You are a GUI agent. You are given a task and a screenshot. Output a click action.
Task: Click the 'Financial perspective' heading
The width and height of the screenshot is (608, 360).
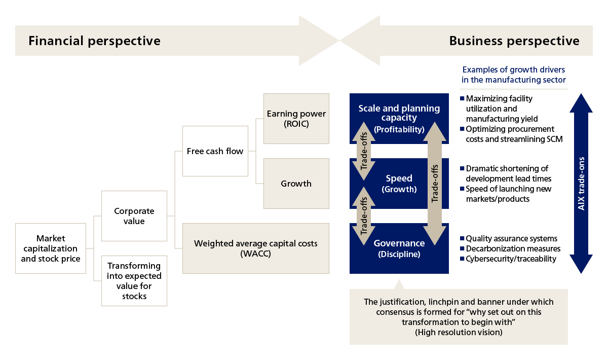coord(94,41)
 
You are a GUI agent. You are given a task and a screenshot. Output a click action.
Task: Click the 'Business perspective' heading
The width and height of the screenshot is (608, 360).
coord(514,41)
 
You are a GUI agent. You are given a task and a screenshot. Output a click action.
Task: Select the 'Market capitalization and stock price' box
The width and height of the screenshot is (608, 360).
coord(50,248)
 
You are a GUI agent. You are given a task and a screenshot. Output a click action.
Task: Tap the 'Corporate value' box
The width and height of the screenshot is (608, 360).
coord(134,216)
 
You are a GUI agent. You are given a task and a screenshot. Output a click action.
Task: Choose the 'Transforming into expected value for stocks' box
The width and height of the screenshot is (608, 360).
coord(134,281)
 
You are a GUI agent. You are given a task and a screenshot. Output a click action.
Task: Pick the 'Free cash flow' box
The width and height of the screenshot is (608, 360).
coord(215,151)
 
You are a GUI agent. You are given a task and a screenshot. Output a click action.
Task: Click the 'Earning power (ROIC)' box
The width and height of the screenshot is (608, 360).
coord(296,119)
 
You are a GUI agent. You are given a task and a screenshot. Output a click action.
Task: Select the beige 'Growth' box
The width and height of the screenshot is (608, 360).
coord(296,184)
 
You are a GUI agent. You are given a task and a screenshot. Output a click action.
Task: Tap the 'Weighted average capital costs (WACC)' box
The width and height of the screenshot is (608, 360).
coord(256,248)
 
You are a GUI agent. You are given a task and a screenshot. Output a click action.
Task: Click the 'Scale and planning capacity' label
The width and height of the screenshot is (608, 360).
coord(399,113)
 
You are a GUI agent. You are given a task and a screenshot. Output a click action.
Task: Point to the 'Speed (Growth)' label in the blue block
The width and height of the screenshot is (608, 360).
coord(399,184)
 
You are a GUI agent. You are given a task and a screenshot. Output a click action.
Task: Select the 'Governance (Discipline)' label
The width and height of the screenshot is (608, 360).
coord(399,248)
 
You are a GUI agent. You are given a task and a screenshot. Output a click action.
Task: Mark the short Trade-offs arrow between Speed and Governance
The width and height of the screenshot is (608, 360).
coord(363,216)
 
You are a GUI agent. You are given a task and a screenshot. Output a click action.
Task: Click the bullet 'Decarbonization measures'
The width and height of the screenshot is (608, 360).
coord(513,248)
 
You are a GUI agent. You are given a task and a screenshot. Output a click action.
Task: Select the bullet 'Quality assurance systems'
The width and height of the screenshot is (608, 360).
coord(511,238)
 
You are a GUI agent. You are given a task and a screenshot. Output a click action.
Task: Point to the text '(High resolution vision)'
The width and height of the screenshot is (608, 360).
coord(459,332)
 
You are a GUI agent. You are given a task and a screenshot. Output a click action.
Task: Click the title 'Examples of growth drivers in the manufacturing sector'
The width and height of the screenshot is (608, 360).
coord(514,75)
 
